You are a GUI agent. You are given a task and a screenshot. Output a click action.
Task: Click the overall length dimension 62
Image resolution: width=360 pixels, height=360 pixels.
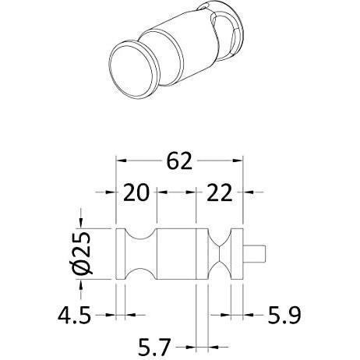click(x=179, y=161)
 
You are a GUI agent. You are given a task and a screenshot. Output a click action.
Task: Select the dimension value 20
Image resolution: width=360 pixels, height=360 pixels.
click(x=136, y=192)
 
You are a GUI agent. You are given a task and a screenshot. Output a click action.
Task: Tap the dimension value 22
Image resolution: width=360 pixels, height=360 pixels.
click(x=219, y=192)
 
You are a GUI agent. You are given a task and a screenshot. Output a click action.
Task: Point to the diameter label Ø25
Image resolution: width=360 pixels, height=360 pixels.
click(x=82, y=253)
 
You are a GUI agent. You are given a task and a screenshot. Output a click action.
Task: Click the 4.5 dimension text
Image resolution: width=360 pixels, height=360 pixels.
click(x=74, y=316)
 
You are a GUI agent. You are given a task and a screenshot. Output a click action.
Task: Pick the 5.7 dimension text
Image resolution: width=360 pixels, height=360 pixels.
click(x=154, y=347)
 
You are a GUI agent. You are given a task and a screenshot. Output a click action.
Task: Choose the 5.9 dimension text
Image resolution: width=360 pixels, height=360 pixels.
click(x=284, y=316)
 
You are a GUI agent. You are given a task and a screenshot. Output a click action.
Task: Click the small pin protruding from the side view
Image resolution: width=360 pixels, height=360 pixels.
click(x=254, y=254)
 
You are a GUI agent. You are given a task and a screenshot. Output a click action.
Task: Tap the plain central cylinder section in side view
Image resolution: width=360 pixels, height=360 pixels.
click(x=176, y=254)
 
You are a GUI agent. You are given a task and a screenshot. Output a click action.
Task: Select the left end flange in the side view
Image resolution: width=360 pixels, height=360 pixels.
click(x=120, y=254)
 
